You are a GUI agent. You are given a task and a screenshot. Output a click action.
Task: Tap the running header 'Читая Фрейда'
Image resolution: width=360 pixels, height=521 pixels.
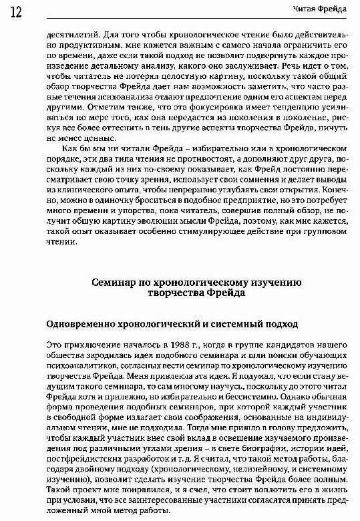(x=318, y=8)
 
